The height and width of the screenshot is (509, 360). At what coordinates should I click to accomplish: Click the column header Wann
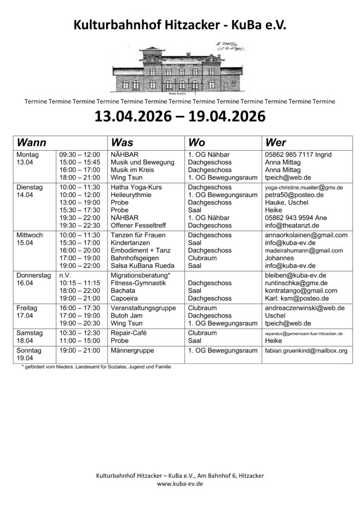(32, 142)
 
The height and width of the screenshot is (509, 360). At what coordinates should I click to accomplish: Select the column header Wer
(276, 142)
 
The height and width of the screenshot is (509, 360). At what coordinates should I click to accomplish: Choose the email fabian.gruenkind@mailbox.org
(306, 350)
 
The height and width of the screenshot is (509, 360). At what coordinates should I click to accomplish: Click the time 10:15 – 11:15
(79, 282)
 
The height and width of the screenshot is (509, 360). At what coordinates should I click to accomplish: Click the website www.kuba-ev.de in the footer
(180, 483)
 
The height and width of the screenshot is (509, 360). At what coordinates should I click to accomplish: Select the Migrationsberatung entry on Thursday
(141, 274)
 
